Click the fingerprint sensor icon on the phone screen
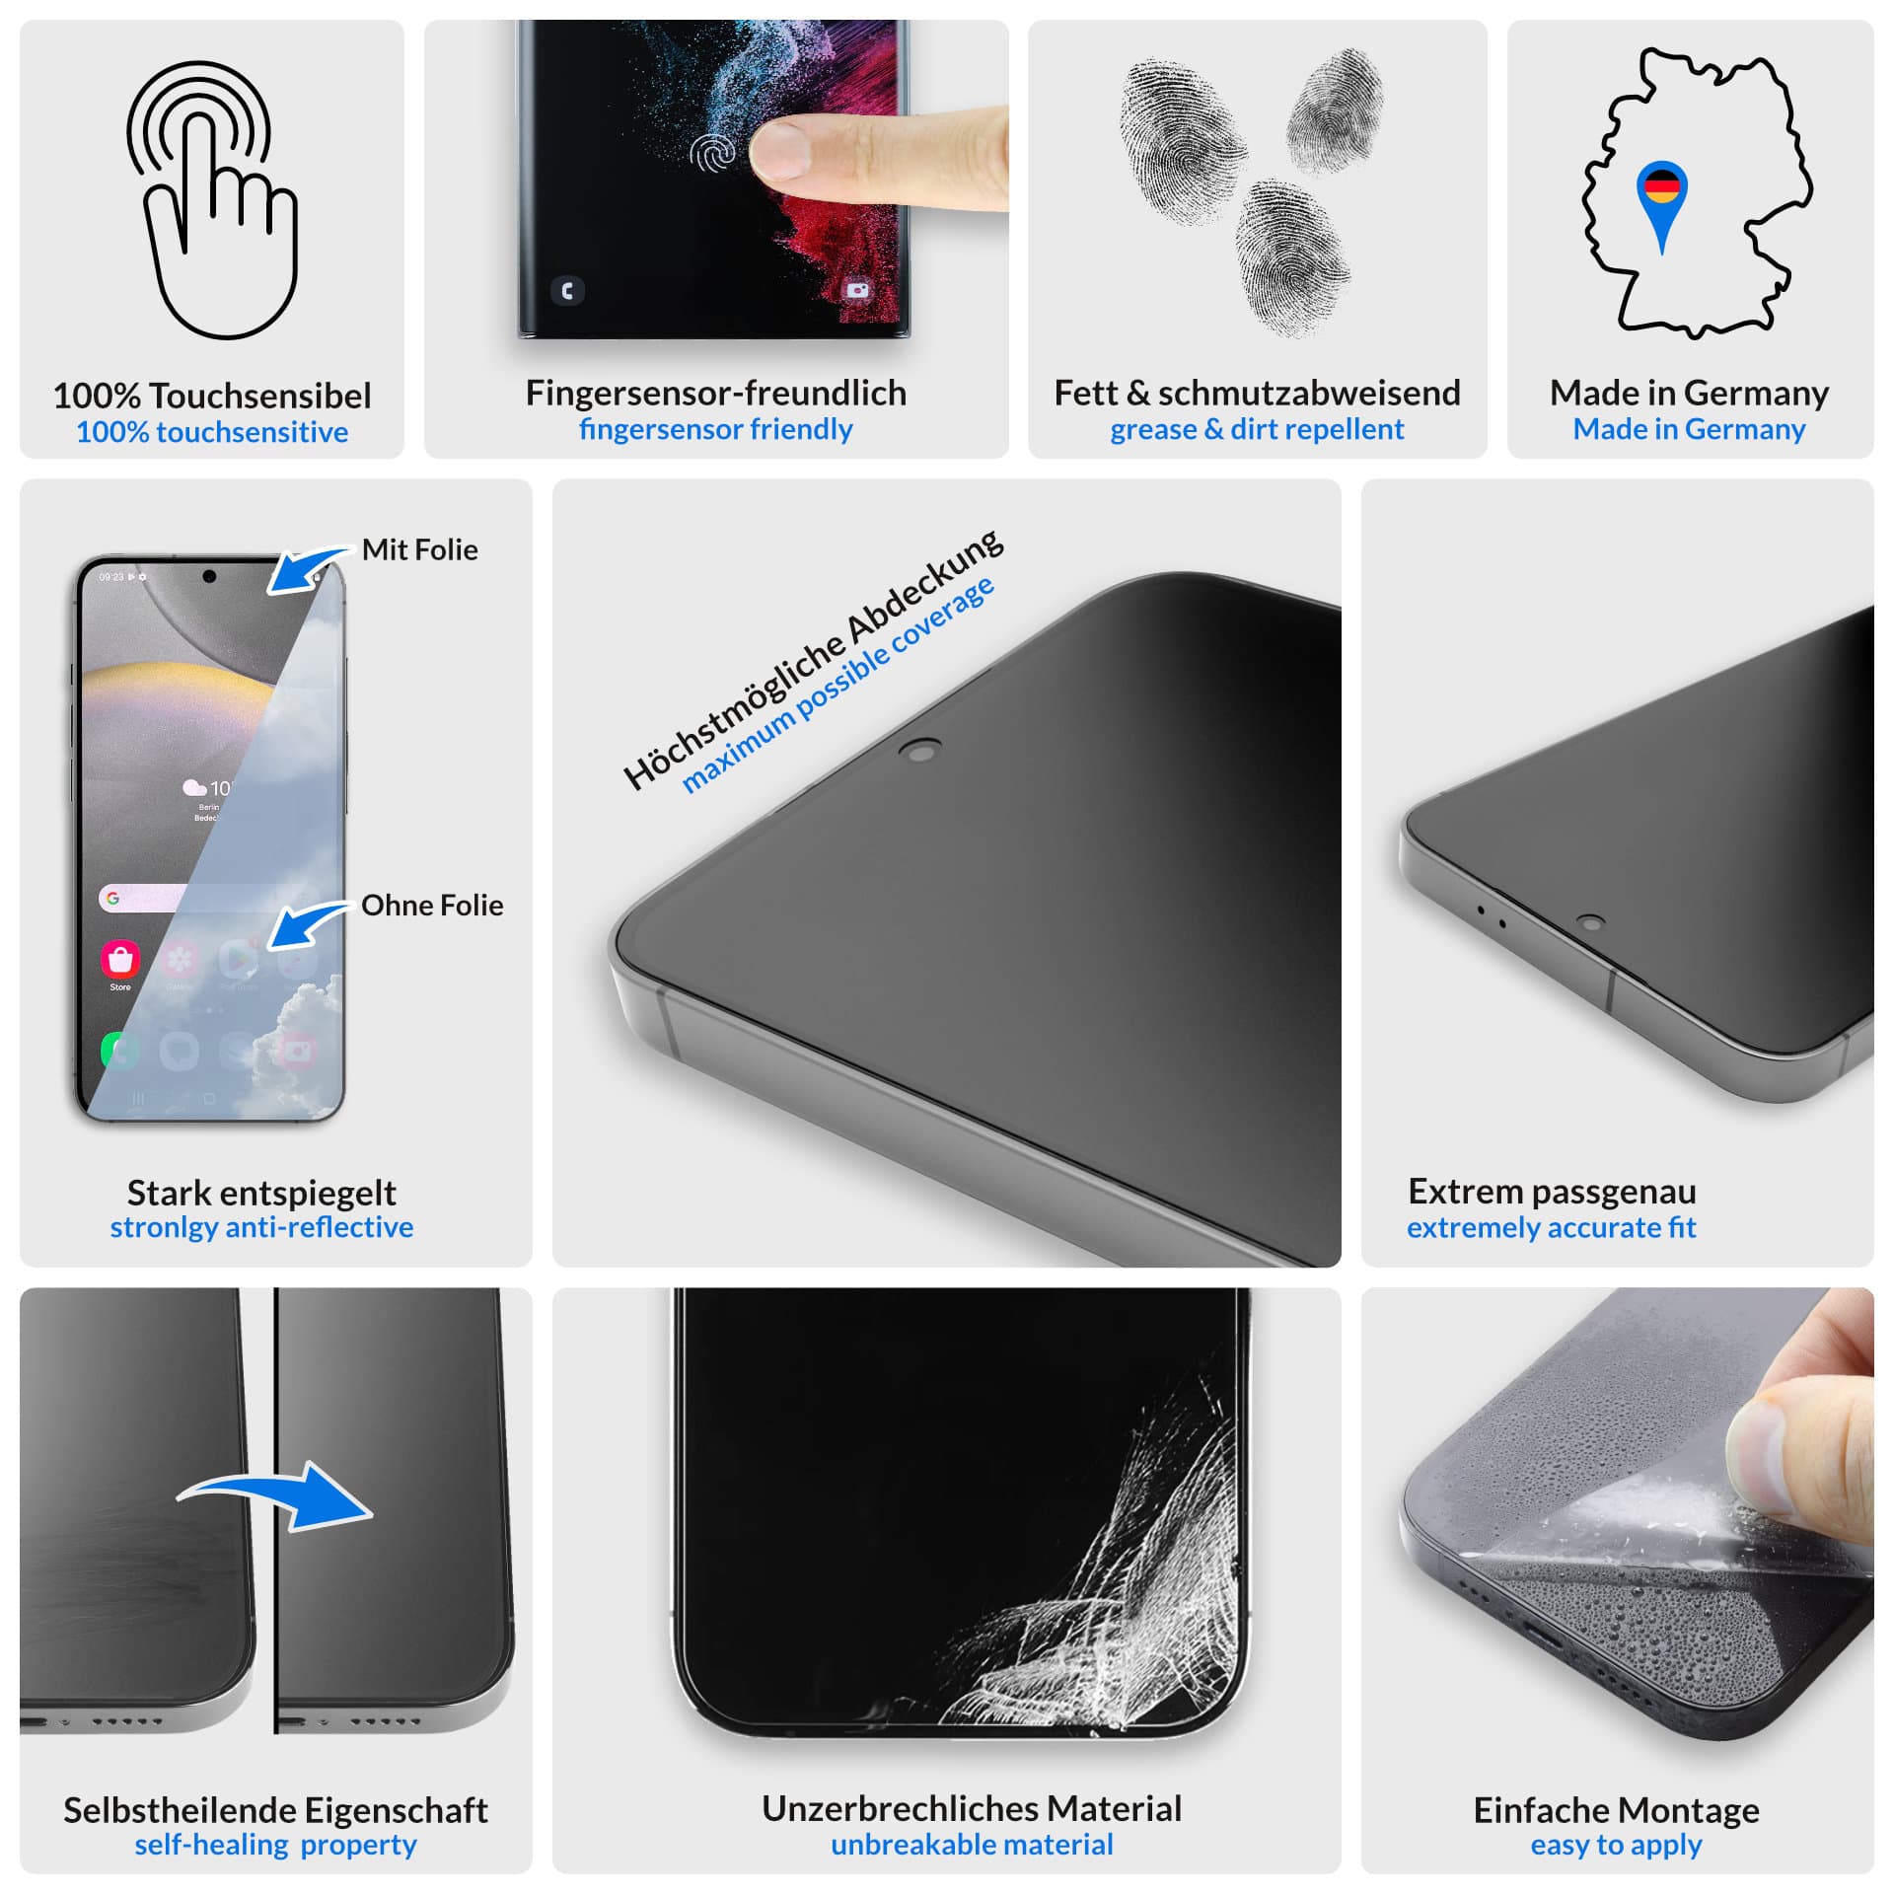click(x=712, y=153)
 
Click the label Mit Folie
click(x=419, y=549)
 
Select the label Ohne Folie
click(x=432, y=905)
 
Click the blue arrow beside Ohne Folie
click(x=309, y=925)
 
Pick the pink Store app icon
click(x=120, y=958)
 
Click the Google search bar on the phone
click(x=143, y=898)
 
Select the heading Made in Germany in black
click(x=1689, y=393)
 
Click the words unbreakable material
click(x=972, y=1844)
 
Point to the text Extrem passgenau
click(x=1552, y=1191)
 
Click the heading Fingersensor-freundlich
click(x=716, y=393)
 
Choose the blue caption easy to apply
click(x=1616, y=1845)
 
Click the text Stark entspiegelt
click(x=261, y=1193)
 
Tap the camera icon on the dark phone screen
click(x=858, y=290)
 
